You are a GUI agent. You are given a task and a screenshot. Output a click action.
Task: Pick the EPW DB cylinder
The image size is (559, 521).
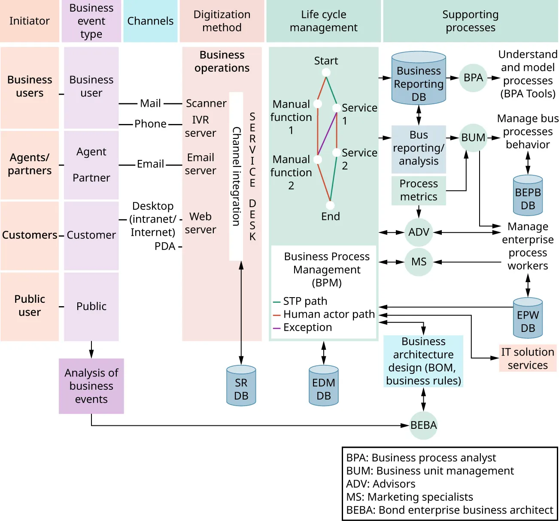pyautogui.click(x=528, y=318)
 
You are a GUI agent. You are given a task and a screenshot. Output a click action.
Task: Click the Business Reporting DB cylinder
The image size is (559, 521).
pyautogui.click(x=419, y=78)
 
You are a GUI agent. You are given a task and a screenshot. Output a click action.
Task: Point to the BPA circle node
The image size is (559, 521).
pyautogui.click(x=473, y=78)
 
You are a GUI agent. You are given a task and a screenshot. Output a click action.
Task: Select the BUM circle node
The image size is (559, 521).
pyautogui.click(x=473, y=138)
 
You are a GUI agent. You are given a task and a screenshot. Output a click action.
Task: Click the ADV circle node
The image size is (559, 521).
pyautogui.click(x=419, y=232)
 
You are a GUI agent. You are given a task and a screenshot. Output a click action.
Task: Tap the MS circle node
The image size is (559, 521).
pyautogui.click(x=419, y=262)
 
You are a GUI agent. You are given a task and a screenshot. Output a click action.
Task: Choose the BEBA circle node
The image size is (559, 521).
pyautogui.click(x=423, y=425)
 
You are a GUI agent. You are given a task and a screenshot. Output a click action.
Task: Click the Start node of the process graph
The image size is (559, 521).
pyautogui.click(x=326, y=72)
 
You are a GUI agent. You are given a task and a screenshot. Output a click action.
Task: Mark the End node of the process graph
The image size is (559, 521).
pyautogui.click(x=330, y=205)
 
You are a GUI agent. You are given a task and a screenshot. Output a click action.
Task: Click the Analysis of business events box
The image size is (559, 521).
pyautogui.click(x=91, y=386)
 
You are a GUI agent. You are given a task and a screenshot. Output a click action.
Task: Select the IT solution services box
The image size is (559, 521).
pyautogui.click(x=528, y=358)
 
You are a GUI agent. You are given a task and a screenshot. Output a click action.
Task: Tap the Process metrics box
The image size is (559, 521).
pyautogui.click(x=419, y=190)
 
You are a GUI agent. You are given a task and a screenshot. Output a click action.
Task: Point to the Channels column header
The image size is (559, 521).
pyautogui.click(x=150, y=21)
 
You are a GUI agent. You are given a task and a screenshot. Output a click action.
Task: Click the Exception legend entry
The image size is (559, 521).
pyautogui.click(x=307, y=328)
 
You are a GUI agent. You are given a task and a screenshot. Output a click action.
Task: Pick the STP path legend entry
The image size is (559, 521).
pyautogui.click(x=305, y=301)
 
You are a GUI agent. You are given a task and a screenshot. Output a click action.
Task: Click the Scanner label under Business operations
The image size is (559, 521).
pyautogui.click(x=206, y=103)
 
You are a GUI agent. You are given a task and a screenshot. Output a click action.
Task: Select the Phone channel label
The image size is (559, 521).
pyautogui.click(x=150, y=124)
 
